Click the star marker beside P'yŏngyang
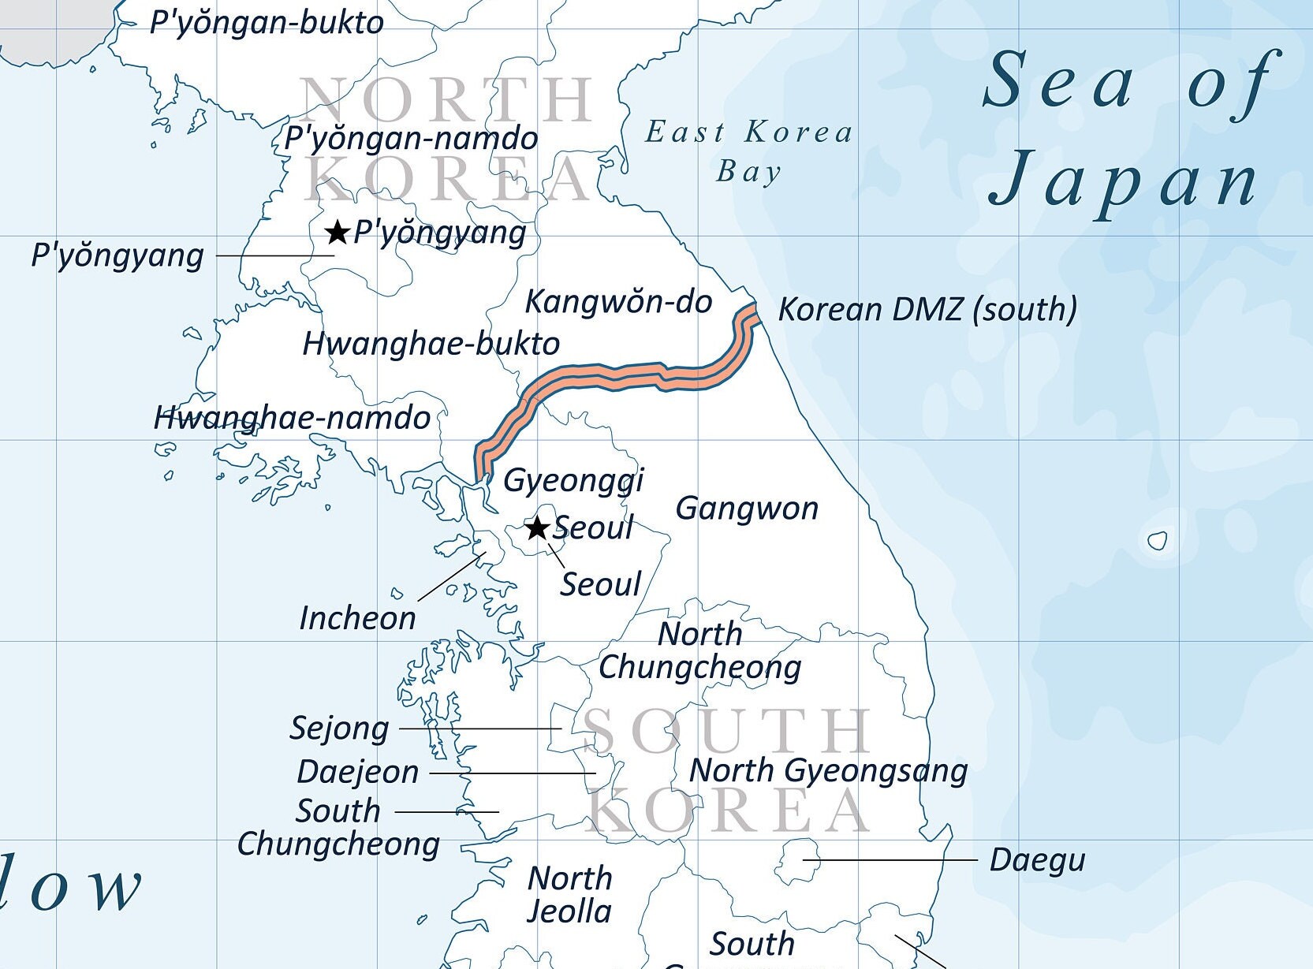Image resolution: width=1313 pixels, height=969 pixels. point(338,233)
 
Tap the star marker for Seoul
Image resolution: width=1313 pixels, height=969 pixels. point(537,527)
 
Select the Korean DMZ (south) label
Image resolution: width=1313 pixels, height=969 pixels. point(927,309)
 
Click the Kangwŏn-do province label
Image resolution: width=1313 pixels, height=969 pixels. point(618,302)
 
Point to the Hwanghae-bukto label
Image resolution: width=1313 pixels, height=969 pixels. point(431,344)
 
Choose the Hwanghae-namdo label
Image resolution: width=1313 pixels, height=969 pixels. point(292,418)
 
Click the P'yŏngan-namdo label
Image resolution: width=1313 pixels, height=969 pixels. point(411,139)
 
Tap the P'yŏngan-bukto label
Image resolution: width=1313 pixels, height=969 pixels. point(267,23)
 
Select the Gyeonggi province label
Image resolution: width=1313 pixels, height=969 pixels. point(573,480)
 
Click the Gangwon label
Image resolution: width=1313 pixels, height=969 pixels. point(747,509)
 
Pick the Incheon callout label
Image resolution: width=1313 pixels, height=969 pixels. point(357,618)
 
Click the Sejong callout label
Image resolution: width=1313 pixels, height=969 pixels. point(339,729)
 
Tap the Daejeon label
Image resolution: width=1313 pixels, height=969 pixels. point(357,772)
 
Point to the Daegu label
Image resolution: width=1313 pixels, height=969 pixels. point(1037,860)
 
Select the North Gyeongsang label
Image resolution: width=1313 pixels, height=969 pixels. point(828,771)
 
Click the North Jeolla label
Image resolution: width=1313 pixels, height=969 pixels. point(569,895)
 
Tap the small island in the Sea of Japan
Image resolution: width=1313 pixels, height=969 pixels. point(1157,541)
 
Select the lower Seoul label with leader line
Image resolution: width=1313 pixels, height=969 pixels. point(600,585)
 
